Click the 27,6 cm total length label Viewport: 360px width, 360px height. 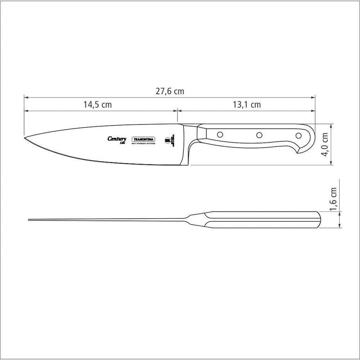click(170, 91)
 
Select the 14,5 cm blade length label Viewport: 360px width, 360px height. click(98, 105)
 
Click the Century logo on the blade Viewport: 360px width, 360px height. click(117, 139)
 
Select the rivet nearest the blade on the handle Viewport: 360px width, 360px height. click(220, 135)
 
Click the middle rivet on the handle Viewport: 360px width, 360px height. click(259, 135)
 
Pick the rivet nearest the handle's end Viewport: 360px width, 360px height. click(298, 136)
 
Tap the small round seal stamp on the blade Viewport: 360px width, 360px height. click(167, 140)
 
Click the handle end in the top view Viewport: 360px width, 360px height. click(319, 220)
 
